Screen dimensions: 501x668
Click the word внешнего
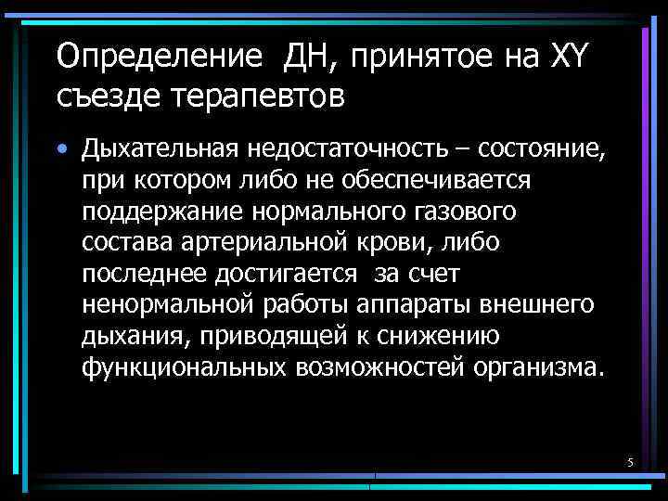[x=545, y=304]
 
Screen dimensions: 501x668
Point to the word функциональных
[x=184, y=366]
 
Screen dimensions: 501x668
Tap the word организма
[x=538, y=366]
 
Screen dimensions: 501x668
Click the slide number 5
[x=630, y=462]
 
